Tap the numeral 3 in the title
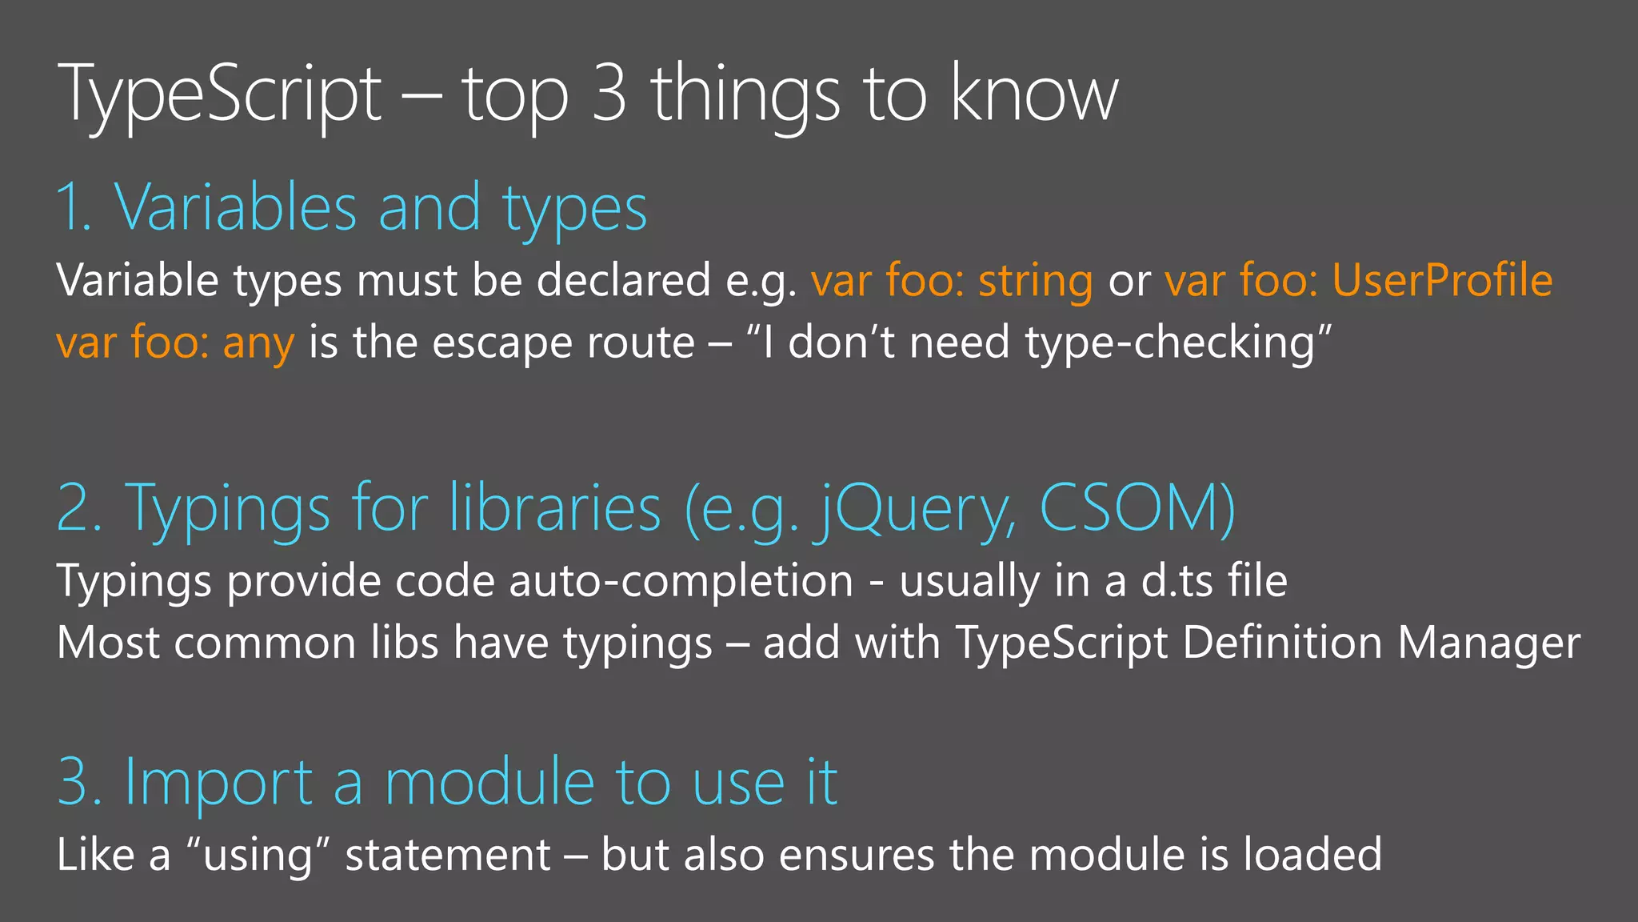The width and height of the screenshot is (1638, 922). point(609,94)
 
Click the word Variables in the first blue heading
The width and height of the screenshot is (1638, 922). point(235,208)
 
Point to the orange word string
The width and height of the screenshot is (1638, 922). point(1036,281)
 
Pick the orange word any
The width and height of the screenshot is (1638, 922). point(258,343)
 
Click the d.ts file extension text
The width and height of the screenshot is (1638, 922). point(1177,580)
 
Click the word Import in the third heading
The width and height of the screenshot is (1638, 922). point(218,782)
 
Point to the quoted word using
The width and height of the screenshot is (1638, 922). point(257,855)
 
